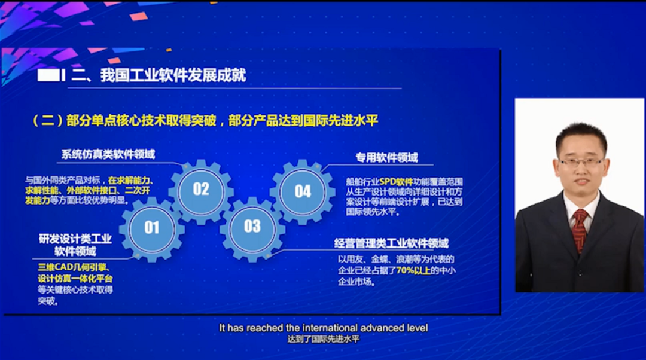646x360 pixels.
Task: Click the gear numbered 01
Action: [x=151, y=227]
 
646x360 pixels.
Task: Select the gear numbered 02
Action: [x=201, y=190]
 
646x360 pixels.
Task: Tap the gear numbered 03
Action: [x=252, y=227]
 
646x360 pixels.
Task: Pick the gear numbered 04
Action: [x=303, y=191]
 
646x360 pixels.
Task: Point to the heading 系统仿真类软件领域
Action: [x=108, y=154]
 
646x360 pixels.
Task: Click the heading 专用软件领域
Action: [x=387, y=158]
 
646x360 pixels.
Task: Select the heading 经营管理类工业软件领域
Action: [x=391, y=243]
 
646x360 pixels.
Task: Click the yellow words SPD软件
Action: [x=396, y=182]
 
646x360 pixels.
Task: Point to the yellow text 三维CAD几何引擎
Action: [x=72, y=267]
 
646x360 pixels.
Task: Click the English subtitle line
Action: [x=324, y=328]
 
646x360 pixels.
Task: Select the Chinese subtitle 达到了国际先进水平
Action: [x=324, y=340]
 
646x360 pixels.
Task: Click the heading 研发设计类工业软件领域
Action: [x=75, y=245]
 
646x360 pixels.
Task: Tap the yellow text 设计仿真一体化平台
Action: [x=75, y=279]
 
